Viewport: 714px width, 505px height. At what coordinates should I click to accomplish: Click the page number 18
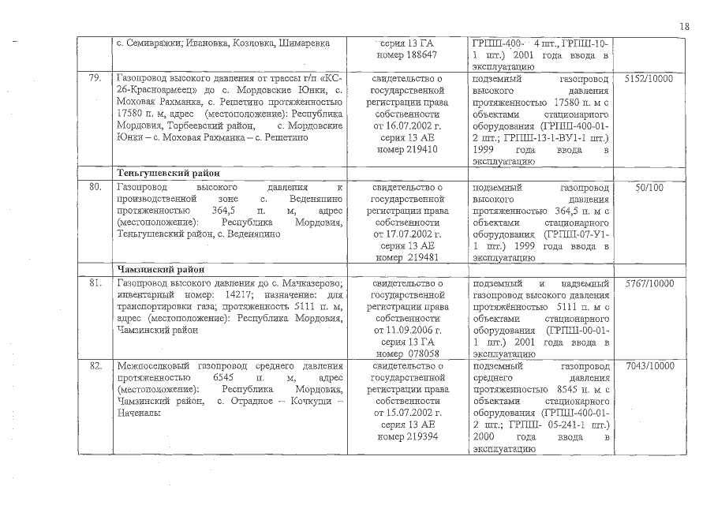[x=684, y=26]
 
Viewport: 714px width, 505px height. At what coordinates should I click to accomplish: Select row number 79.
[x=96, y=80]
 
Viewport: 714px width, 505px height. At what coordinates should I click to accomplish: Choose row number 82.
[x=96, y=366]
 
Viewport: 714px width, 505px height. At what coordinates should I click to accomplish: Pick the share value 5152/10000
[x=649, y=80]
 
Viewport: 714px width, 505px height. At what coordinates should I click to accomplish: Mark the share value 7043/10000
[x=649, y=366]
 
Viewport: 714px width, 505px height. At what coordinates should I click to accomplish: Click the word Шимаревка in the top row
[x=304, y=42]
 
